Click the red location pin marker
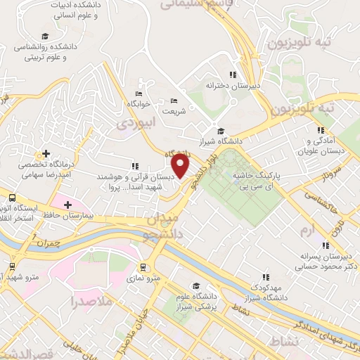coord(181,167)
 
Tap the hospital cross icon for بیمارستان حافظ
coord(67,205)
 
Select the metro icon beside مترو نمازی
coord(143,267)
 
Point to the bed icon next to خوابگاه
coord(138,94)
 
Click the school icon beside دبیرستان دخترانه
coord(231,75)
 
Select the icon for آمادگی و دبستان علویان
coord(321,130)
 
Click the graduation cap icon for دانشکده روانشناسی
coord(45,37)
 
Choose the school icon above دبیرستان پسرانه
coord(325,245)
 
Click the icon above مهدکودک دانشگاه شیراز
coord(266,278)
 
